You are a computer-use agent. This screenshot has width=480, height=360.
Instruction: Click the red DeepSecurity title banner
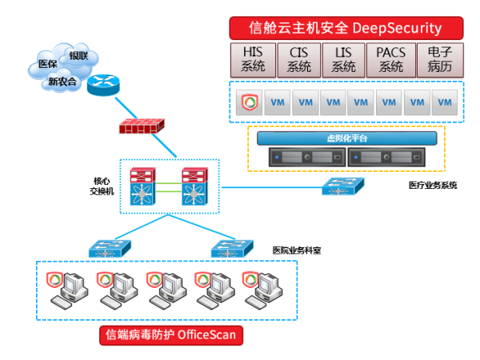tap(346, 28)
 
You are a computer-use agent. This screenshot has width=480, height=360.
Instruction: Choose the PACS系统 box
tap(390, 59)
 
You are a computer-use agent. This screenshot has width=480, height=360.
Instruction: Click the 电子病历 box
tap(439, 59)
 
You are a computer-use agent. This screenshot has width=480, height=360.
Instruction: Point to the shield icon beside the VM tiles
tap(248, 102)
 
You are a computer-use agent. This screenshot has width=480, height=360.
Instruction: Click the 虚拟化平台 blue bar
tap(347, 138)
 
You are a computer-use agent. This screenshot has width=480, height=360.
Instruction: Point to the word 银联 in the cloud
tap(78, 56)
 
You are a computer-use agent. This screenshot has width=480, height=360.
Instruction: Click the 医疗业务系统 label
tap(433, 185)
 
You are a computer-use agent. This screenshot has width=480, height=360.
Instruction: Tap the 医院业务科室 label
tap(297, 250)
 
